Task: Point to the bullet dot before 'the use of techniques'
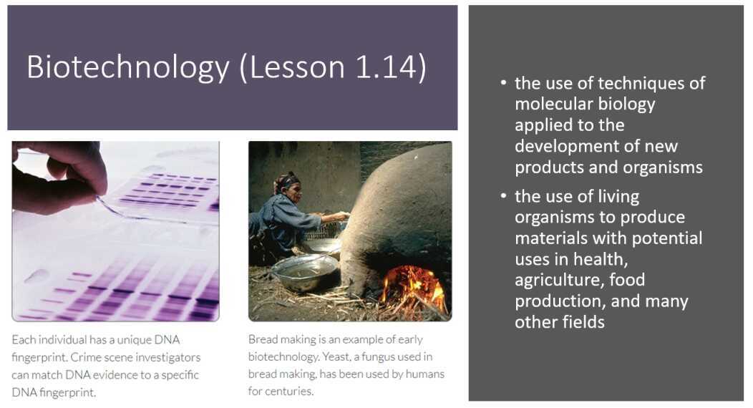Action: coord(504,84)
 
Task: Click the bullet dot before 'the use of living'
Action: coord(504,197)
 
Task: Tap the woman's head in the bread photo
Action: coord(288,183)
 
